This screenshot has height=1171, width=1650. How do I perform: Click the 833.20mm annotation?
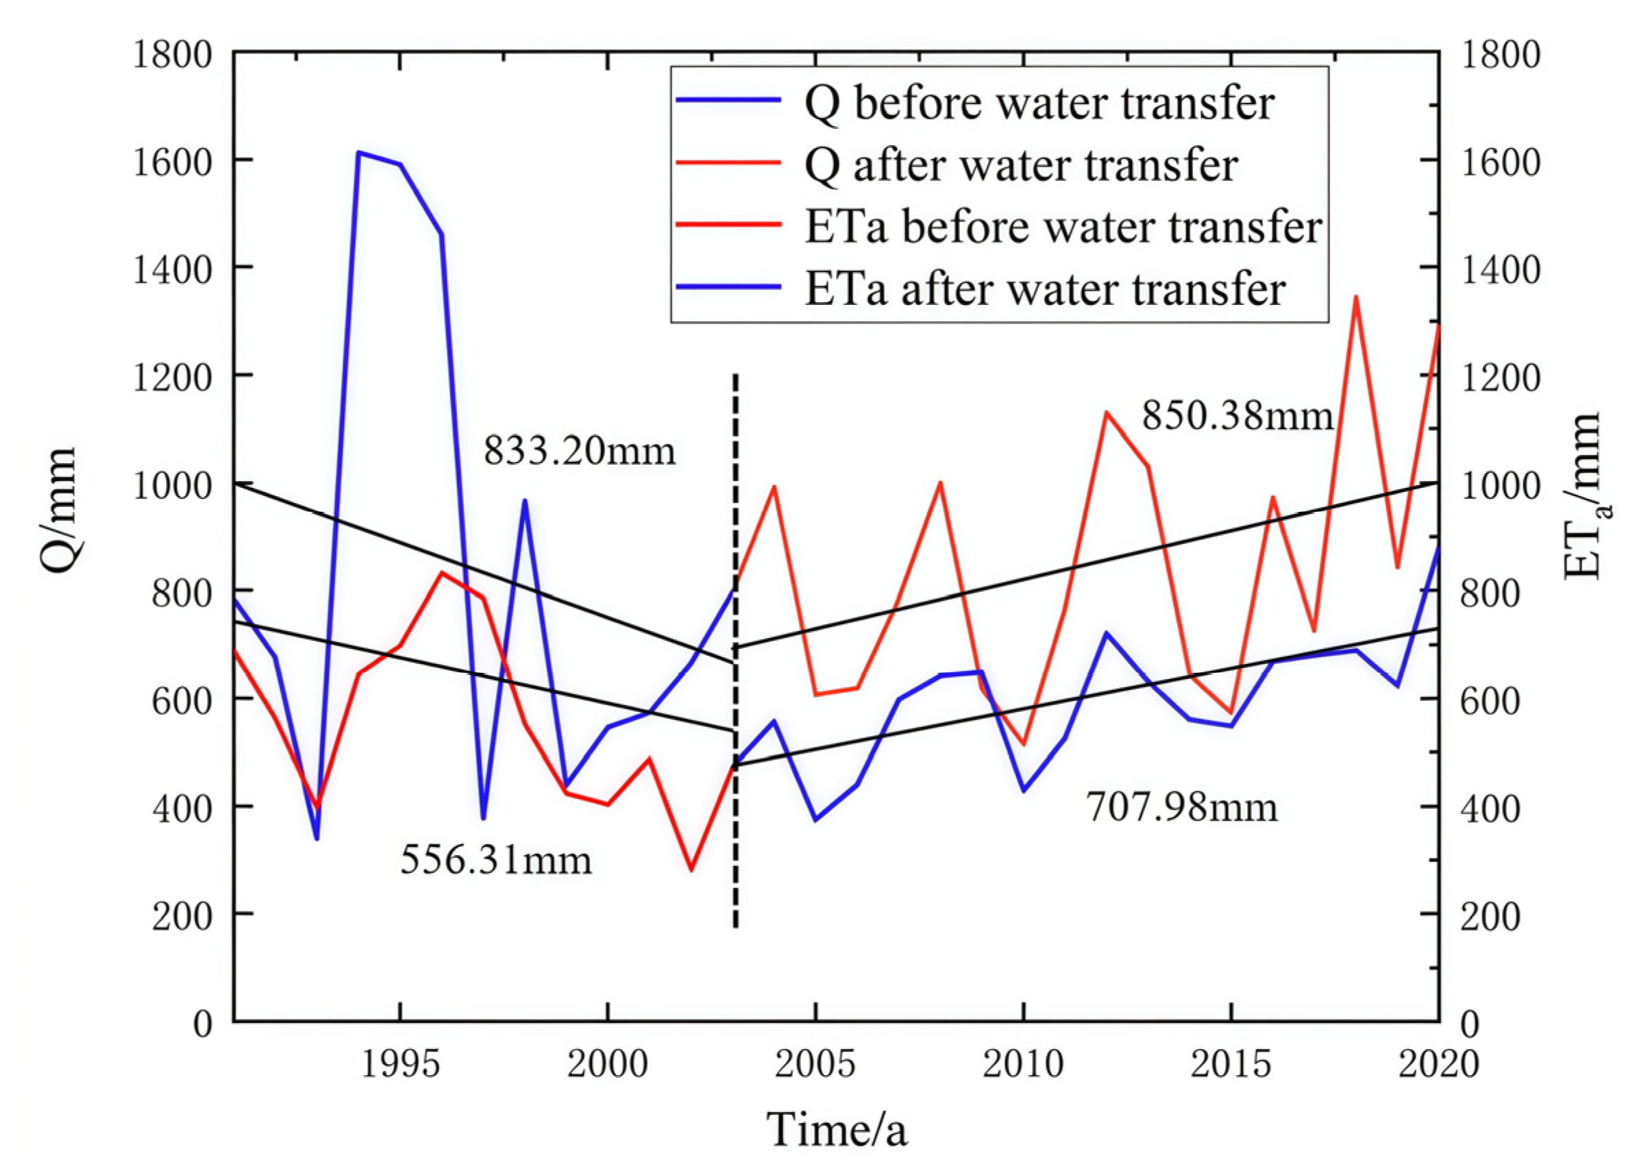[579, 452]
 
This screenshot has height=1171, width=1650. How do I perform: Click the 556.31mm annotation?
[495, 859]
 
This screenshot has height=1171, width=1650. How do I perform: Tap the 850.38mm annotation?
[1237, 416]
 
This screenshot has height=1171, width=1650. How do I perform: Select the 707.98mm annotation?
[1181, 807]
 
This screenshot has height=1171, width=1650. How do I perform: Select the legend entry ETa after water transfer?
[1044, 289]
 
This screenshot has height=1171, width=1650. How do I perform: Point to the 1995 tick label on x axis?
[399, 1064]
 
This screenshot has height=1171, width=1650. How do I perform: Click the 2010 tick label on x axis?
[1022, 1064]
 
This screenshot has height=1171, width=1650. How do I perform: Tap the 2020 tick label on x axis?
[1438, 1064]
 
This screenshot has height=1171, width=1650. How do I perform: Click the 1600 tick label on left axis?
[171, 162]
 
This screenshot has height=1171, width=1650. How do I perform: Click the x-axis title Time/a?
[836, 1129]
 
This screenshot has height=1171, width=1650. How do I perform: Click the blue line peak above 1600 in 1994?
[359, 152]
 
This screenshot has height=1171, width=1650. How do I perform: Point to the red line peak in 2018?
[1356, 297]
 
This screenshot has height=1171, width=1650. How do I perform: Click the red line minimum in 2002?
[691, 870]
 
